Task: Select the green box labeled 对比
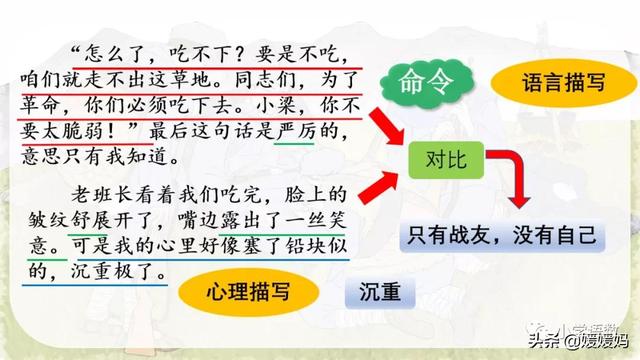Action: (442, 157)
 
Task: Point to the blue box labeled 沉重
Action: (377, 293)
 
